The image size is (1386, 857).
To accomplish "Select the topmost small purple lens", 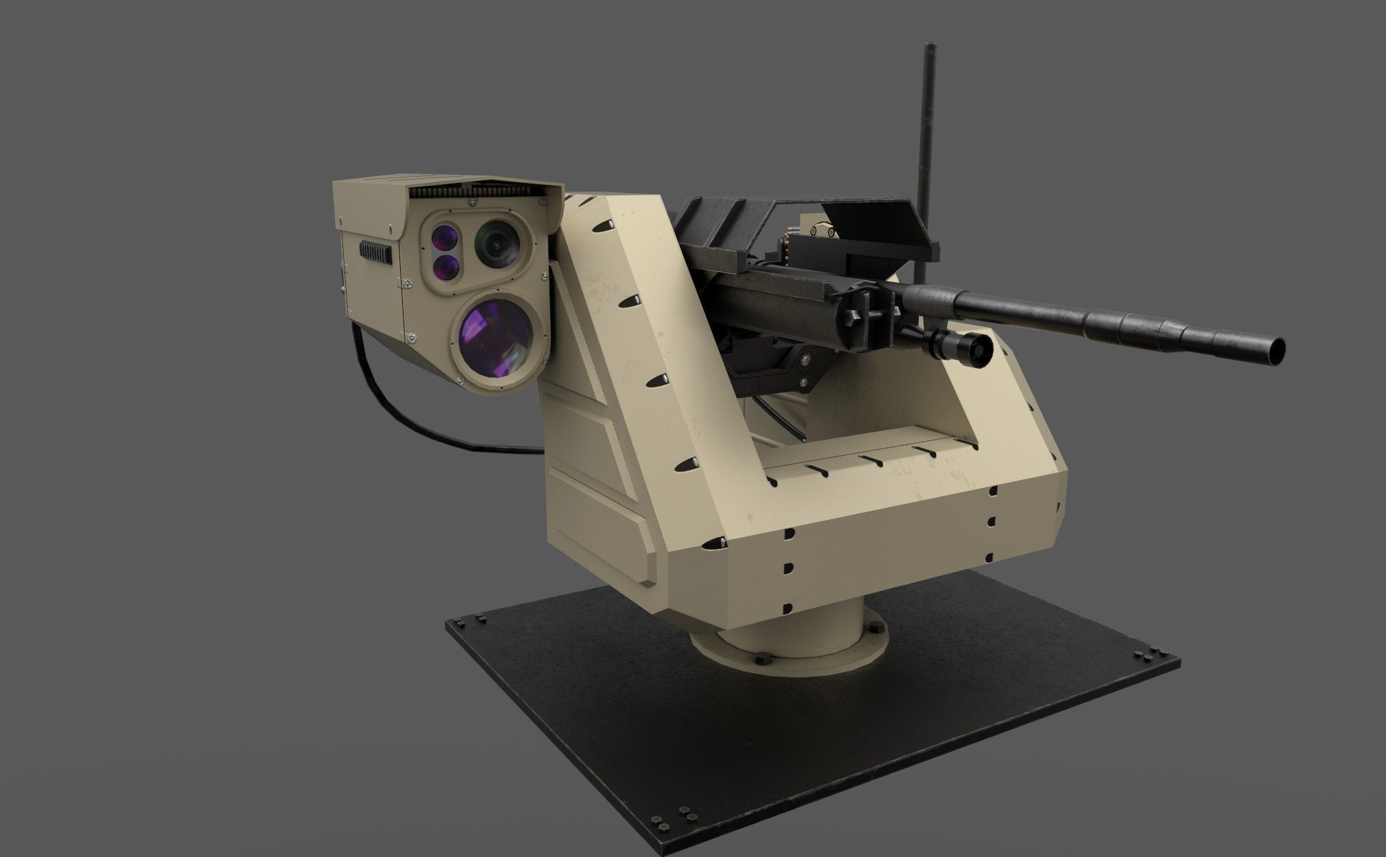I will [x=444, y=238].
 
